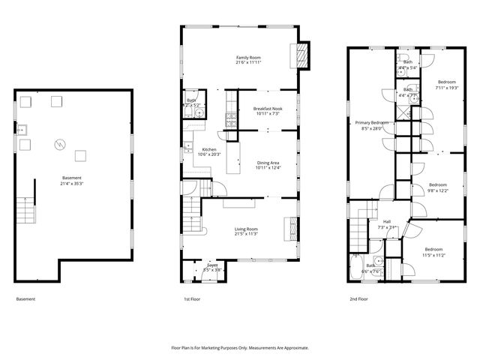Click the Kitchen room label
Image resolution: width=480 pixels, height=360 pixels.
209,149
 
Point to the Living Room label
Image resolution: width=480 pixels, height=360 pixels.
246,229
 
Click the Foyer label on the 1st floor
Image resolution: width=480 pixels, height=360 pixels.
212,264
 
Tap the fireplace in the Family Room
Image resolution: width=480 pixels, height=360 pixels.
304,53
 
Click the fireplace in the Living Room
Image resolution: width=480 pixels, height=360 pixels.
289,226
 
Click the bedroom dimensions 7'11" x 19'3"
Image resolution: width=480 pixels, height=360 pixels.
447,88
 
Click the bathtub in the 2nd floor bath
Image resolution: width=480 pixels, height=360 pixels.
356,268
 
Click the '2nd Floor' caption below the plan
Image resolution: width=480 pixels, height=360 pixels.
358,298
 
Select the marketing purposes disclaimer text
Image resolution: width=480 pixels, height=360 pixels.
240,347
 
